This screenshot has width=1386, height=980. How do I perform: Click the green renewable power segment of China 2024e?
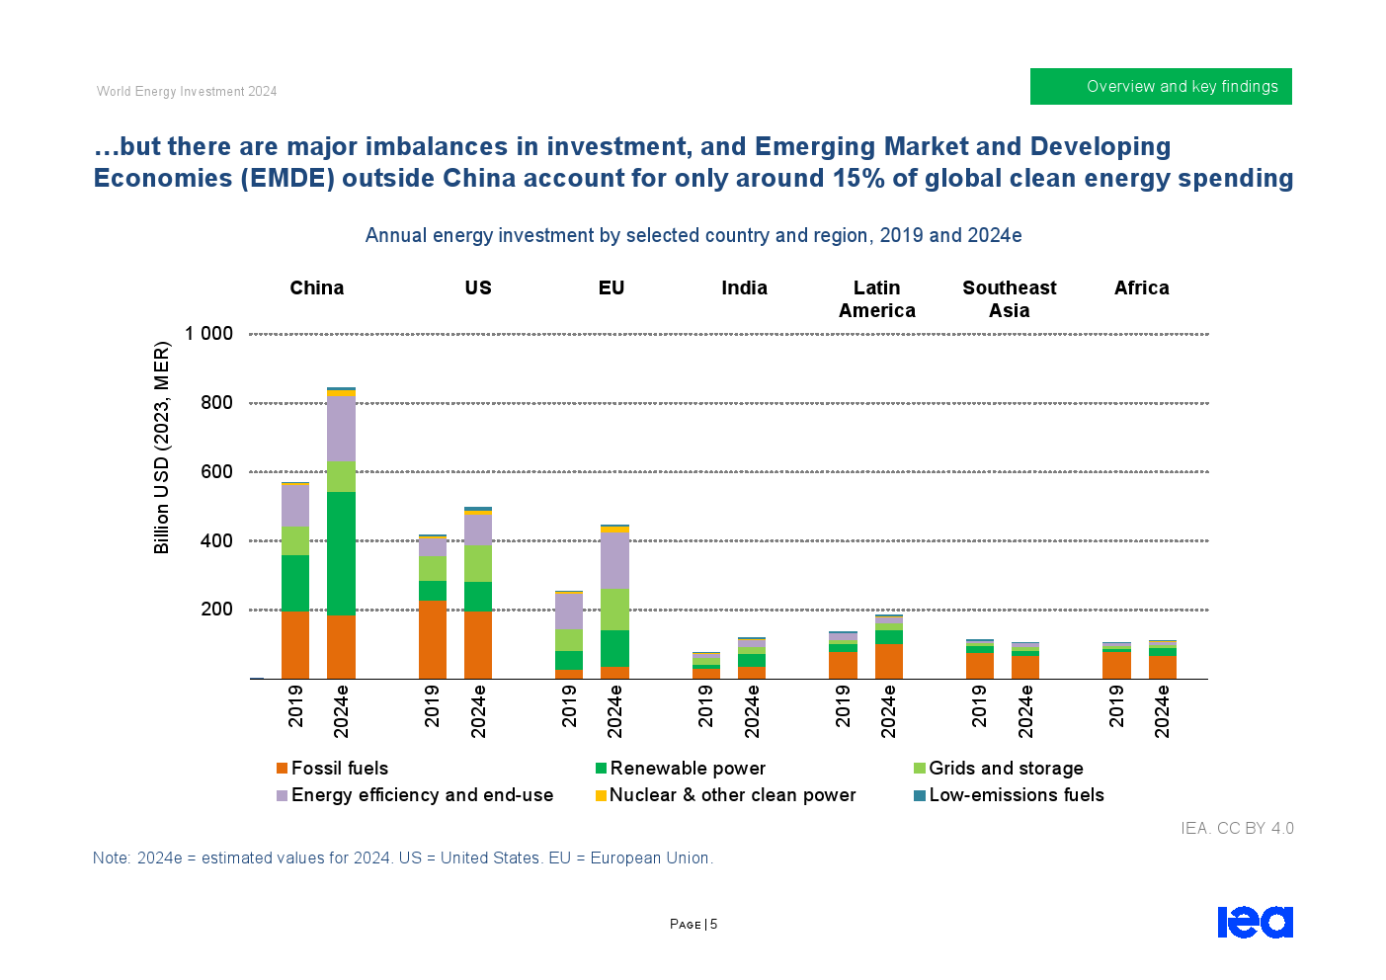pos(341,553)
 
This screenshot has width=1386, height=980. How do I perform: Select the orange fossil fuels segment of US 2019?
pos(432,639)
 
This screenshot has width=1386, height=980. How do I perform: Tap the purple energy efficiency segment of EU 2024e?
pos(614,560)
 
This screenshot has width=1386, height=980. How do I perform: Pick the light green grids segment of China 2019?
pos(295,540)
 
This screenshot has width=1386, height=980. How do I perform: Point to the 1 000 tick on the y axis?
pos(210,334)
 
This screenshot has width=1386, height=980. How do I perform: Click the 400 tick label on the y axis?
pos(216,540)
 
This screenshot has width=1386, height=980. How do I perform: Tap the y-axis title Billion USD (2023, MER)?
pos(162,448)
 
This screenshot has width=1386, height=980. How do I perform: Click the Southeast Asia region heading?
pos(1009,298)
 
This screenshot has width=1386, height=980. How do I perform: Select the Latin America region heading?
pos(876,298)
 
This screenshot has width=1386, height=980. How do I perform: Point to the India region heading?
pos(744,287)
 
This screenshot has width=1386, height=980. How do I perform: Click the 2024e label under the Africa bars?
pos(1162,710)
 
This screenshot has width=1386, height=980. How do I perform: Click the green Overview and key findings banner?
pos(1161,86)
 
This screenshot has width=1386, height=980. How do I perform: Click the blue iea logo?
pos(1255,922)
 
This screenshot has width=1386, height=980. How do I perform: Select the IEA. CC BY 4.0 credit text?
pos(1237,828)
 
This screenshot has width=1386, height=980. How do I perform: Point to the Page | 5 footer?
pos(693,925)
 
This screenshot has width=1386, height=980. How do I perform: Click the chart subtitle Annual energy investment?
pos(693,235)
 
